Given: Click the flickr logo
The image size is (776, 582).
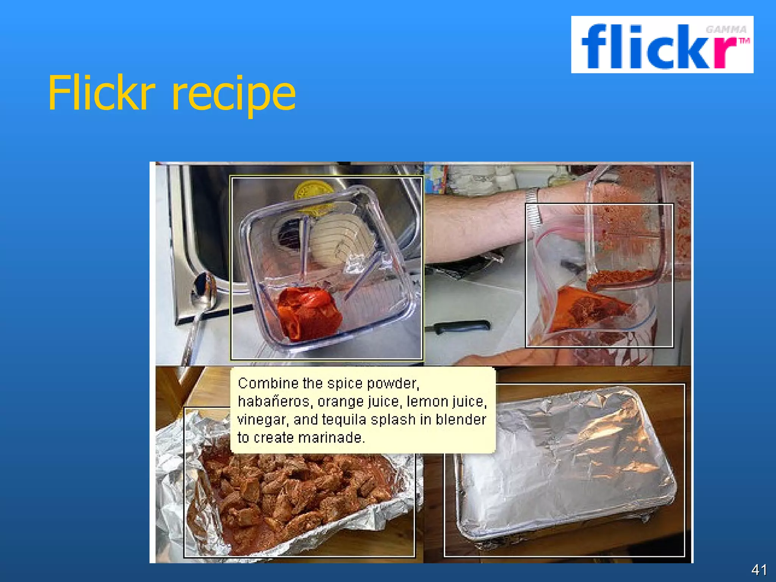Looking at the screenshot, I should [662, 45].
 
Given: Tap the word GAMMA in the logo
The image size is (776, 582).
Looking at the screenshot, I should [726, 30].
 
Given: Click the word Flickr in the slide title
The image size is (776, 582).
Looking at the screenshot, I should [102, 93].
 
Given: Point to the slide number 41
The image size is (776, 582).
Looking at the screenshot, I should [759, 569].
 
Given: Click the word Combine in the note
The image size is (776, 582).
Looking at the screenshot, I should [268, 383].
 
